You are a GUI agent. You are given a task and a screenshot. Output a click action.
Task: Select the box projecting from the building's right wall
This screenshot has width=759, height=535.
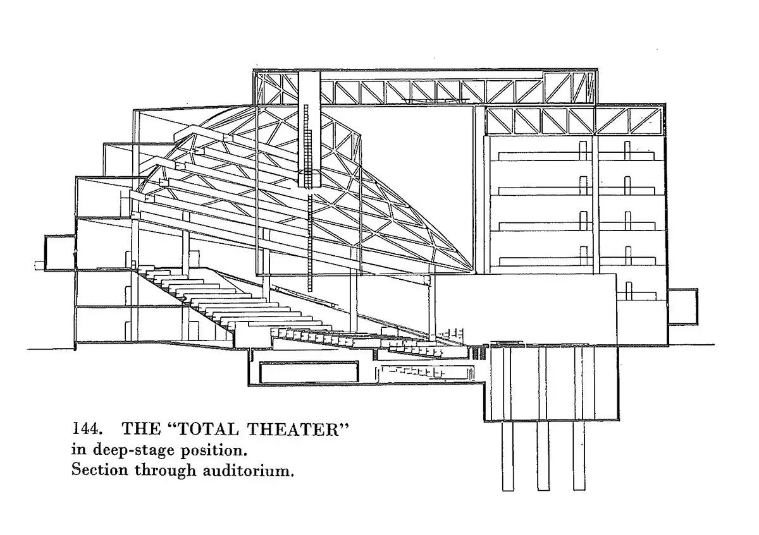(682, 306)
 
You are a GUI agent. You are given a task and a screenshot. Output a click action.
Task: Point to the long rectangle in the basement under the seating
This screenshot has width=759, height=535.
(309, 371)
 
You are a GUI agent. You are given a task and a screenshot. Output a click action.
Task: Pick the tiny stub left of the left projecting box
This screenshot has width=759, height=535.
(40, 264)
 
